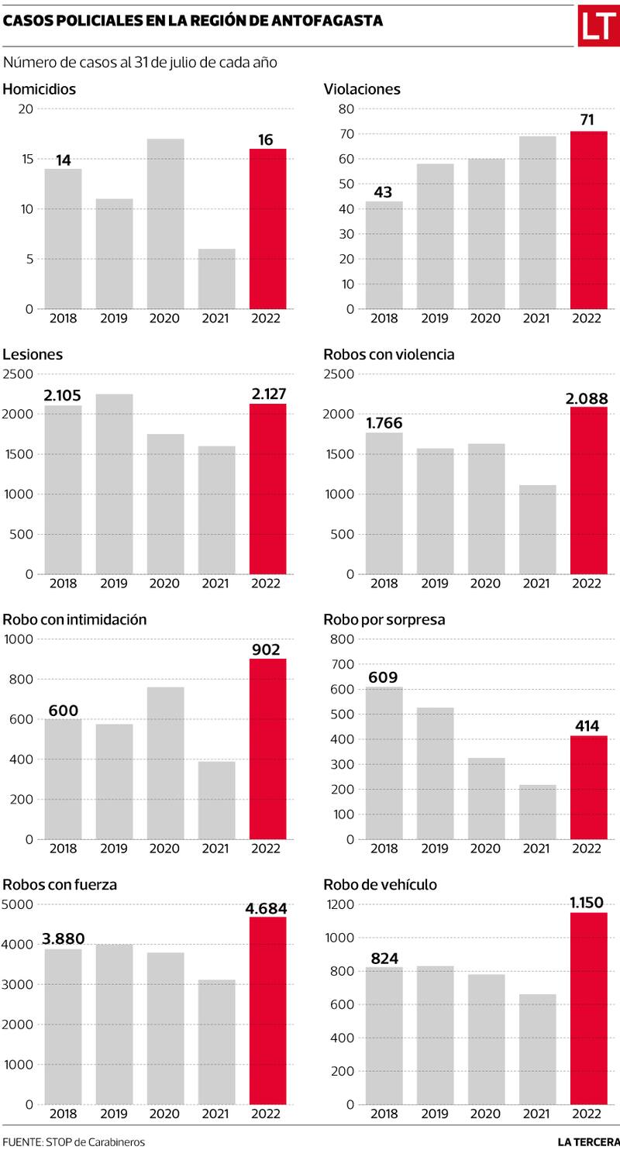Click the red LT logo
(598, 26)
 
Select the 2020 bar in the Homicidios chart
(165, 224)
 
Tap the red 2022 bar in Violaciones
(589, 220)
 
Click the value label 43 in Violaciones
(384, 191)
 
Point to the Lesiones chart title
(33, 354)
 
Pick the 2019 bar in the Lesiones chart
(114, 484)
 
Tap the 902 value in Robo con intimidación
(267, 649)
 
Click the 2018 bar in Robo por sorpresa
(384, 763)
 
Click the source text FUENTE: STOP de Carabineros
(74, 1141)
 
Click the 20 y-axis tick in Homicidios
(26, 108)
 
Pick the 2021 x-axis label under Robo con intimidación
(216, 848)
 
